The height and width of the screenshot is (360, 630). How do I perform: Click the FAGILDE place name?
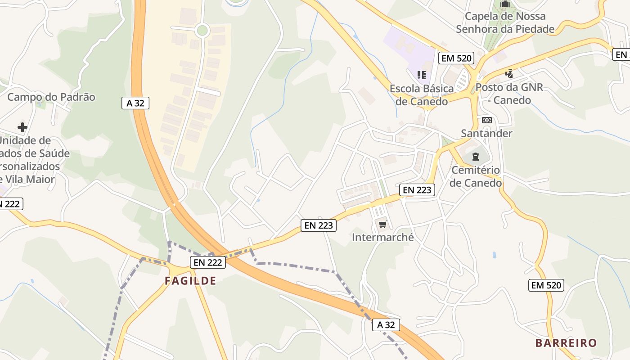pos(190,281)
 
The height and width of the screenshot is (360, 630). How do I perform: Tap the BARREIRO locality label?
pos(566,343)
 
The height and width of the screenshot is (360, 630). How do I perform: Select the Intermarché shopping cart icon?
pos(382,224)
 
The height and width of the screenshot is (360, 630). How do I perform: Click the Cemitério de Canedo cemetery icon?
pos(476,157)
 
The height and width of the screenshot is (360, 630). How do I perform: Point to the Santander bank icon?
pos(486,120)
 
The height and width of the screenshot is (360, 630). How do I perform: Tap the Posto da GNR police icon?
pos(509,74)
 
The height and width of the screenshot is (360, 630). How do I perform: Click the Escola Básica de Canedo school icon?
pos(422,75)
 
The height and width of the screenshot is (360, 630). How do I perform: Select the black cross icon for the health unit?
pos(22,127)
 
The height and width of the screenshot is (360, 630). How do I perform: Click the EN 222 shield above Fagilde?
pos(207,262)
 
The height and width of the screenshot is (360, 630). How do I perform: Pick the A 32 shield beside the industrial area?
pos(135,103)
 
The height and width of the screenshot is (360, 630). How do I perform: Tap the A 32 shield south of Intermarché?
pos(386,325)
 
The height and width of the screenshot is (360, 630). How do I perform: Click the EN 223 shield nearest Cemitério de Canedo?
pos(417,190)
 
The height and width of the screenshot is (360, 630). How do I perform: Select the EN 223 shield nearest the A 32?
pos(319,225)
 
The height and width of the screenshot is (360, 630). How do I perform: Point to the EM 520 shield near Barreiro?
pos(546,285)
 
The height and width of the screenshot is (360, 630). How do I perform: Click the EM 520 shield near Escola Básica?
pos(456,58)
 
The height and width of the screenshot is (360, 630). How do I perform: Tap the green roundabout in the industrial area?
pos(202,30)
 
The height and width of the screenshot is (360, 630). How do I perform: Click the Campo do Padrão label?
pos(51,97)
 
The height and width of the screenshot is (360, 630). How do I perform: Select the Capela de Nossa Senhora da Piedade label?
pos(505,23)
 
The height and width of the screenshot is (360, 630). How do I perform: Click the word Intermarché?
pos(382,237)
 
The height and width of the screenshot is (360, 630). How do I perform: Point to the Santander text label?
pos(486,134)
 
